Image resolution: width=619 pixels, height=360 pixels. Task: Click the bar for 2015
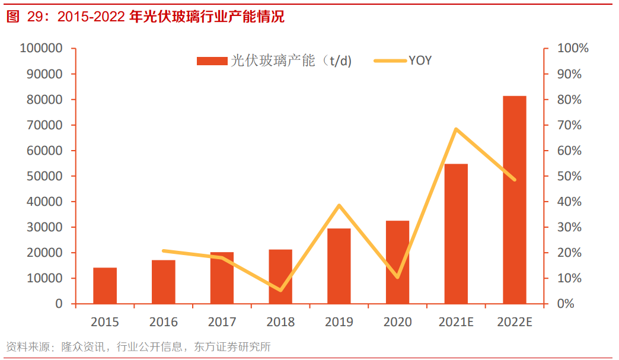[x=105, y=285]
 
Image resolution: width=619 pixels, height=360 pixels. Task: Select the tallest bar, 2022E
[x=514, y=199]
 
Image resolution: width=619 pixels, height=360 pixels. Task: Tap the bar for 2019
[x=339, y=266]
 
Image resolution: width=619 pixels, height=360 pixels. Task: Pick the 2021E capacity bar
[x=456, y=233]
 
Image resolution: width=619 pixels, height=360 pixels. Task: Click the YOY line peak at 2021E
[x=455, y=129]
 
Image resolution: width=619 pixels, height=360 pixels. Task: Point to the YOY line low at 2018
[x=280, y=290]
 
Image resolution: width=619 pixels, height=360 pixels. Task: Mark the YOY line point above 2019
[x=339, y=206]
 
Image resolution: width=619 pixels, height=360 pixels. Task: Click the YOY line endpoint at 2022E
[x=514, y=179]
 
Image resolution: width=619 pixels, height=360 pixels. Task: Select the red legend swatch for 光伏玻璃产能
[x=212, y=60]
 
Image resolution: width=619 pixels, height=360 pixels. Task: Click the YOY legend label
[x=420, y=60]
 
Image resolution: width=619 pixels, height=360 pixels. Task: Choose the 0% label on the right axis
[x=567, y=304]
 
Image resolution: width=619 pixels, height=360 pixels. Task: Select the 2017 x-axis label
[x=222, y=323]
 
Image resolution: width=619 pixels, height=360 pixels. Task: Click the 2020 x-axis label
[x=397, y=323]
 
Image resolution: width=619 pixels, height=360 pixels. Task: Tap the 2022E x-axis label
[x=514, y=323]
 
